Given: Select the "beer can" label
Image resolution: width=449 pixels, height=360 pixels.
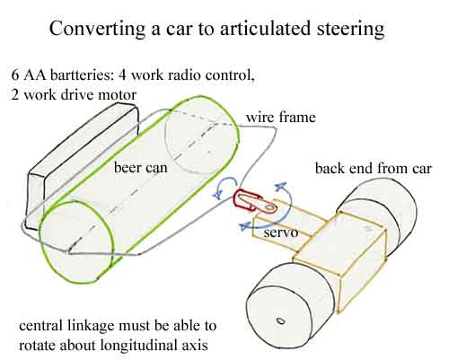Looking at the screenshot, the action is tap(141, 167).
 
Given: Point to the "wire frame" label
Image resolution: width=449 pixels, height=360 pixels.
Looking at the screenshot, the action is tap(281, 117).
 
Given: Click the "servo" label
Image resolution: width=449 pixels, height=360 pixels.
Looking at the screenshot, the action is tap(281, 233).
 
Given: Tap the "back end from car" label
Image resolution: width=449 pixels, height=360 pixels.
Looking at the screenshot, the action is tap(374, 168).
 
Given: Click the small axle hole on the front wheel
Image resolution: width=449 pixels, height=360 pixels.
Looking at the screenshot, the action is tap(280, 321).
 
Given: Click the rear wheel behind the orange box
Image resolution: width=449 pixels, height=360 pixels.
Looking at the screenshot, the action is tap(389, 209).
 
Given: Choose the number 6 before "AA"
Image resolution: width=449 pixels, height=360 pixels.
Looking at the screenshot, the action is tap(15, 75).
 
